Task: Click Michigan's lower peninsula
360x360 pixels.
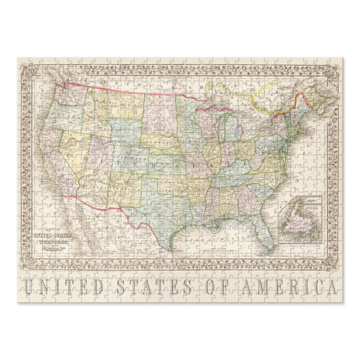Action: pos(224,125)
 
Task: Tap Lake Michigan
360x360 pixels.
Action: pos(211,125)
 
